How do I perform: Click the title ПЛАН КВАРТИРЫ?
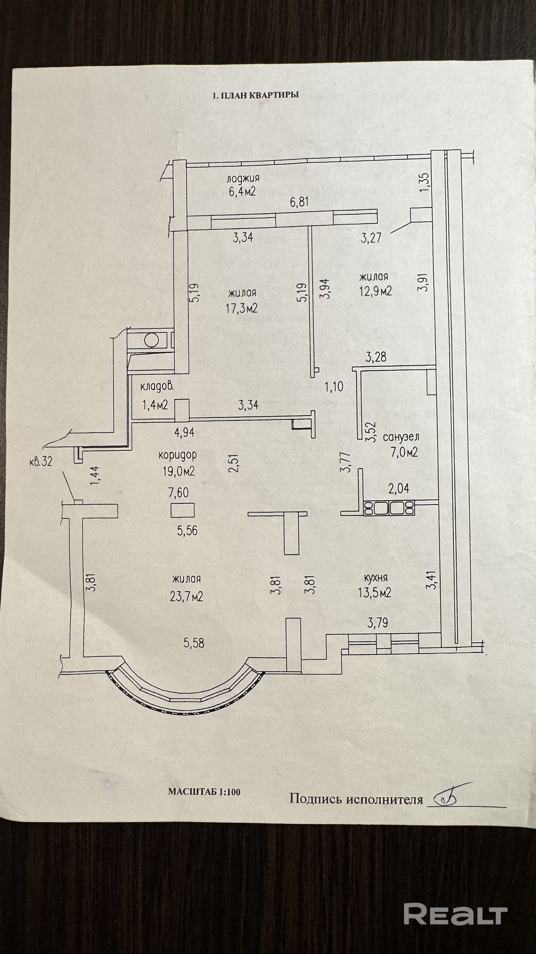[255, 95]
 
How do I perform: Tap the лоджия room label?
[243, 178]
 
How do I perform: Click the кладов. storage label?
[157, 387]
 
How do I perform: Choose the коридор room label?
[177, 455]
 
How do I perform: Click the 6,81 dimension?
[300, 202]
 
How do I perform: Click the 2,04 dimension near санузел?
[399, 489]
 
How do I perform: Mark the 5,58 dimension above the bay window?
[194, 643]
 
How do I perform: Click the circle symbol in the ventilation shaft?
[152, 340]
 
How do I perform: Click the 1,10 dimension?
[334, 387]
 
